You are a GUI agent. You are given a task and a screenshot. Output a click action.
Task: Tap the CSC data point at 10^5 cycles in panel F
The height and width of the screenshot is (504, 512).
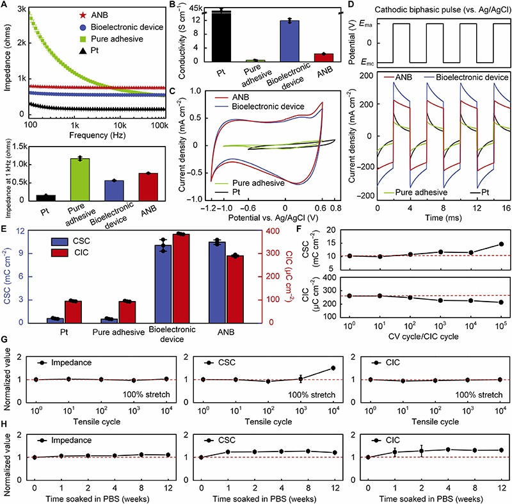(501, 244)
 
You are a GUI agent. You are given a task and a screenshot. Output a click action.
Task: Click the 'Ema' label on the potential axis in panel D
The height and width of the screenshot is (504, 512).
(361, 24)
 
